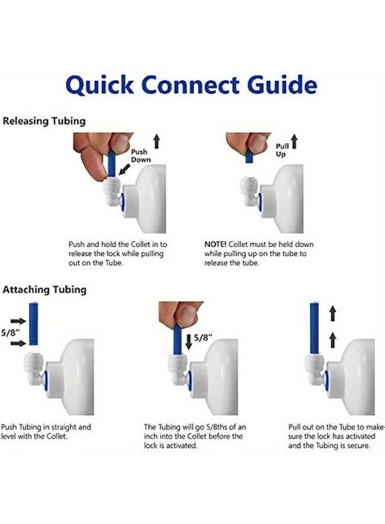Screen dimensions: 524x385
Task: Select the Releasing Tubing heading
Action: [x=44, y=121]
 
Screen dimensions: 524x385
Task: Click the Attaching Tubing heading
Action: [x=44, y=289]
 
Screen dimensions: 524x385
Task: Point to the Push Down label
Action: [x=141, y=155]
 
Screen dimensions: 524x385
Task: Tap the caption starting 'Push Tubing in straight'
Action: [x=46, y=431]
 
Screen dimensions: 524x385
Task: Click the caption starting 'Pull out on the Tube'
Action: [x=335, y=436]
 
